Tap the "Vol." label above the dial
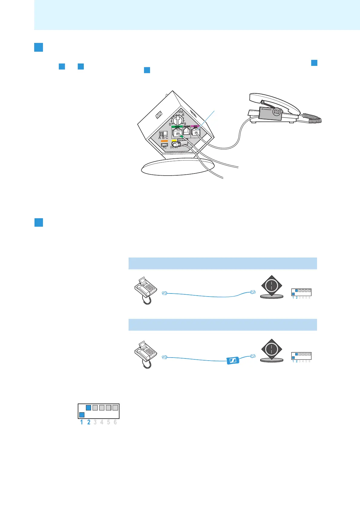[181, 112]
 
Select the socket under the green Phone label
[177, 133]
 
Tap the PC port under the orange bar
[164, 145]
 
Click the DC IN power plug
[175, 144]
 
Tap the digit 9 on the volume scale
[185, 124]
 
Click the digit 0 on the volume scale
[170, 124]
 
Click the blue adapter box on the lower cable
[233, 360]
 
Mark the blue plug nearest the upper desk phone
[165, 293]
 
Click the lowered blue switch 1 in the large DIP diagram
[82, 414]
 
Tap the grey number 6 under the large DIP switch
[115, 422]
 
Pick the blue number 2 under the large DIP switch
[89, 422]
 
